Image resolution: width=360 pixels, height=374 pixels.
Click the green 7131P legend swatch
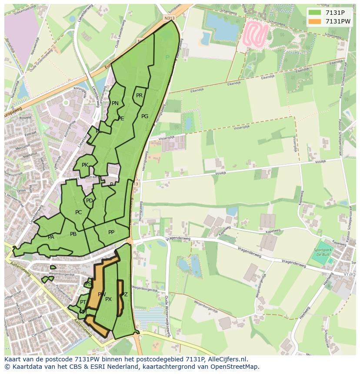[x=315, y=13]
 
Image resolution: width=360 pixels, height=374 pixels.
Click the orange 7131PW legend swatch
[x=315, y=22]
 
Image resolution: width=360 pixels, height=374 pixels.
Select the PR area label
[x=139, y=96]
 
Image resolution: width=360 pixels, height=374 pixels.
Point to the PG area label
[x=145, y=116]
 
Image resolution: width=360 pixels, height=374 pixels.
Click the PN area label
[x=115, y=103]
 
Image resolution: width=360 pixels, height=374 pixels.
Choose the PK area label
[x=85, y=165]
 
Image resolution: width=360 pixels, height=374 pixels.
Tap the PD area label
[x=89, y=201]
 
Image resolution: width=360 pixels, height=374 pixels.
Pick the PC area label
[x=78, y=213]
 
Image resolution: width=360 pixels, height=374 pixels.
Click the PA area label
[x=51, y=237]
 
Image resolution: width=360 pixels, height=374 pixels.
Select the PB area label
[x=73, y=235]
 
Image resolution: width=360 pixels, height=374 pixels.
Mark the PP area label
[x=111, y=232]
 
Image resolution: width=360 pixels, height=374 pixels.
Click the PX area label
[x=109, y=299]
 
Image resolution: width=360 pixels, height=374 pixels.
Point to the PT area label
[x=83, y=302]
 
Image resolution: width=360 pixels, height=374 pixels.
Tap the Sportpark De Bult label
[x=322, y=252]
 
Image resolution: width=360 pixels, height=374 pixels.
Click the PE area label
[x=121, y=119]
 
